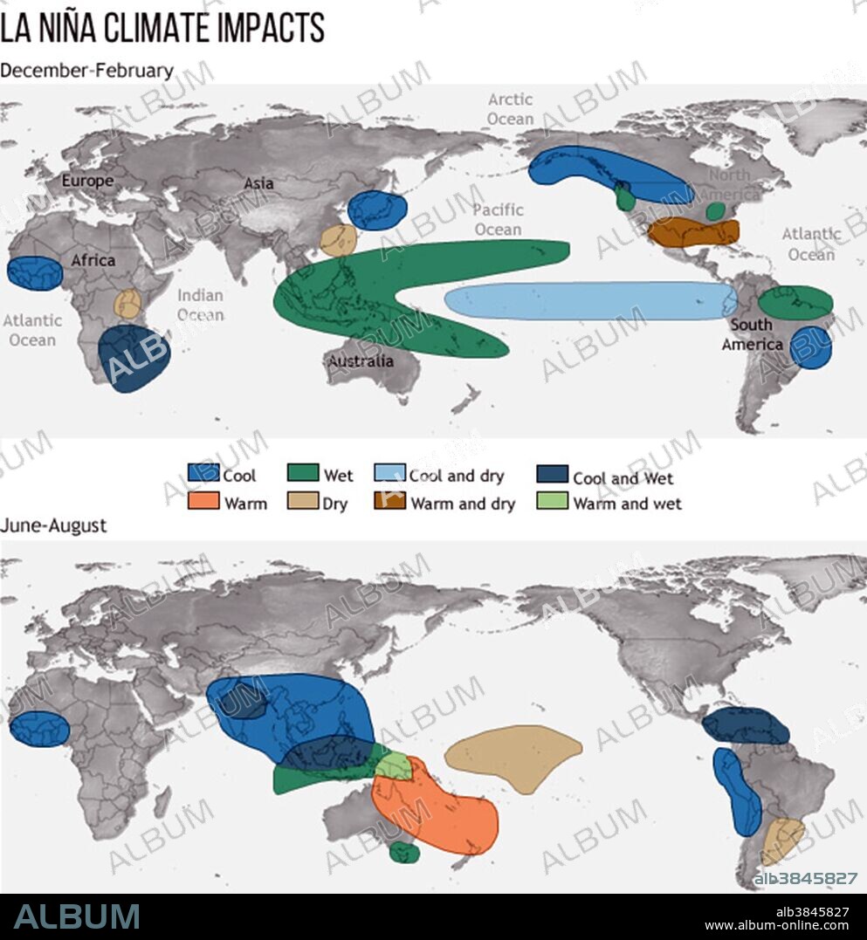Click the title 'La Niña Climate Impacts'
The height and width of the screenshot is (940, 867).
coord(162,28)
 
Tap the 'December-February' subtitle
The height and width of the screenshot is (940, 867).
coord(86,71)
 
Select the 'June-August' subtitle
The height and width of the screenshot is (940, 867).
coord(53,525)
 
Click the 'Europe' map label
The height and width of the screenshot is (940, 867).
coord(87,182)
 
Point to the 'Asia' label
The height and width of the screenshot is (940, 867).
coord(258,183)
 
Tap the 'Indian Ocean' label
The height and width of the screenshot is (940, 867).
coord(200,305)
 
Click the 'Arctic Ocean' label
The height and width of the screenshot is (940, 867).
coord(510,109)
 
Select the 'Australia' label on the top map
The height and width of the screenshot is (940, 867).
coord(361,360)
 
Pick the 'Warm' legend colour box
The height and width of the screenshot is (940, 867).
coord(203,503)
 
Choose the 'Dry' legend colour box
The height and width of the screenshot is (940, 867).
coord(302,503)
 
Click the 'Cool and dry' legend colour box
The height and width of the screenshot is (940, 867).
coord(389,474)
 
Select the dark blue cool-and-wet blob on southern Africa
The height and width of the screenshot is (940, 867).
coord(134,358)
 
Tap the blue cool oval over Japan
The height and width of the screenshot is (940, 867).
coord(377,210)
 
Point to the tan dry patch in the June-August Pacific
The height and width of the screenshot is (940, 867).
coord(513,756)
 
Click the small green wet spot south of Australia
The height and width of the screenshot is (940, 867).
coord(403,852)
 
